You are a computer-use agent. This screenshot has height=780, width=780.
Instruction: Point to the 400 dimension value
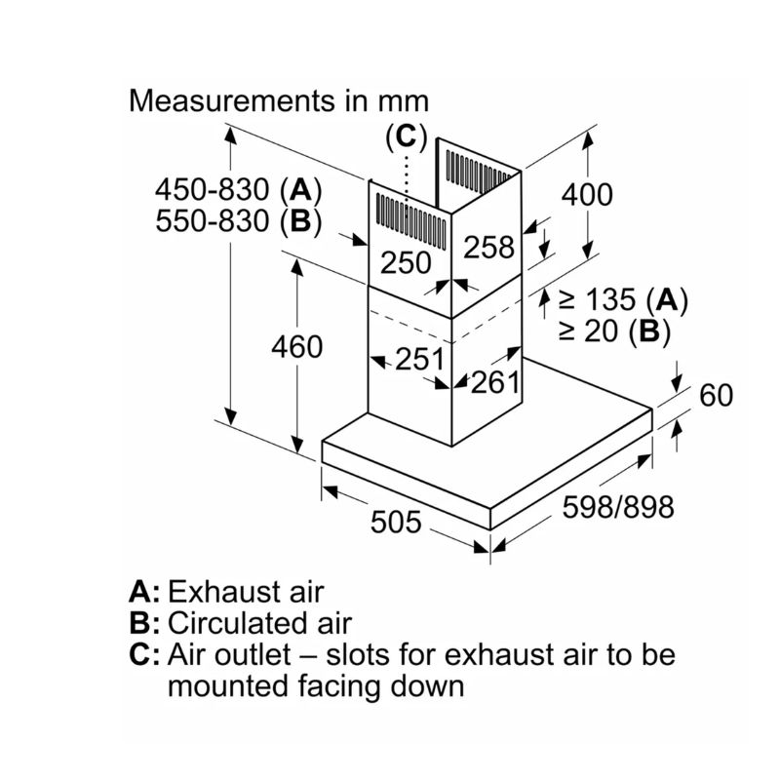coord(587,194)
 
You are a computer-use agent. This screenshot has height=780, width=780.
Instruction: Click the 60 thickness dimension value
coord(716,395)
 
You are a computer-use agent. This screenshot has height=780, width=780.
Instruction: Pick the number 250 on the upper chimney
coord(405,262)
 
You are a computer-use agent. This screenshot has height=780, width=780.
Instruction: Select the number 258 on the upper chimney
coord(488,248)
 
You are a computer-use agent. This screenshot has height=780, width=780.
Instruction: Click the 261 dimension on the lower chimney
coord(495,382)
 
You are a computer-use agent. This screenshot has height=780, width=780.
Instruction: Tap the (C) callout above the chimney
coord(408,137)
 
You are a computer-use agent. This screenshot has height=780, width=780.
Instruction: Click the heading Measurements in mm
coord(280,100)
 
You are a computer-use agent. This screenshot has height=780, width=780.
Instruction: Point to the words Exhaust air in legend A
coord(246,592)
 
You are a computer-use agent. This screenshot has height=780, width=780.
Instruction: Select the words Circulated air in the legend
coord(259,623)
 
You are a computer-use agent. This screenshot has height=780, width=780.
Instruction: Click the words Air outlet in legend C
coord(228,654)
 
